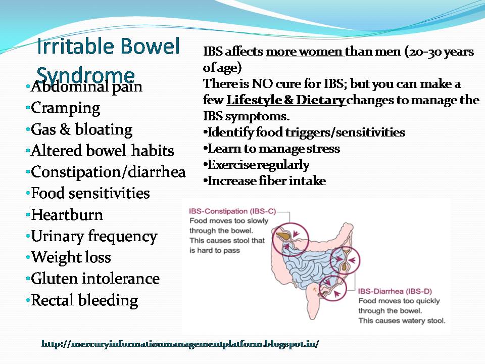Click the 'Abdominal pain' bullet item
click(x=86, y=87)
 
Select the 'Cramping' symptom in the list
click(x=66, y=108)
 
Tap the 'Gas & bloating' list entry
click(x=81, y=129)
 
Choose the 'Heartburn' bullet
click(x=67, y=215)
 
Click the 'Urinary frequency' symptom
click(x=94, y=236)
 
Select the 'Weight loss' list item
click(x=71, y=257)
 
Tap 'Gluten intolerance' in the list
click(x=95, y=279)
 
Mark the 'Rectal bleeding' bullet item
click(x=84, y=300)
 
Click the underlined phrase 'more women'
click(x=305, y=52)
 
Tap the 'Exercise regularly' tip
click(x=259, y=165)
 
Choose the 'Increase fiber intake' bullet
click(x=267, y=180)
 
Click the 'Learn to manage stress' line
click(x=274, y=149)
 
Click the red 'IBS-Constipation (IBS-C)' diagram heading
click(x=232, y=211)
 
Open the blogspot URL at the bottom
click(x=180, y=344)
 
